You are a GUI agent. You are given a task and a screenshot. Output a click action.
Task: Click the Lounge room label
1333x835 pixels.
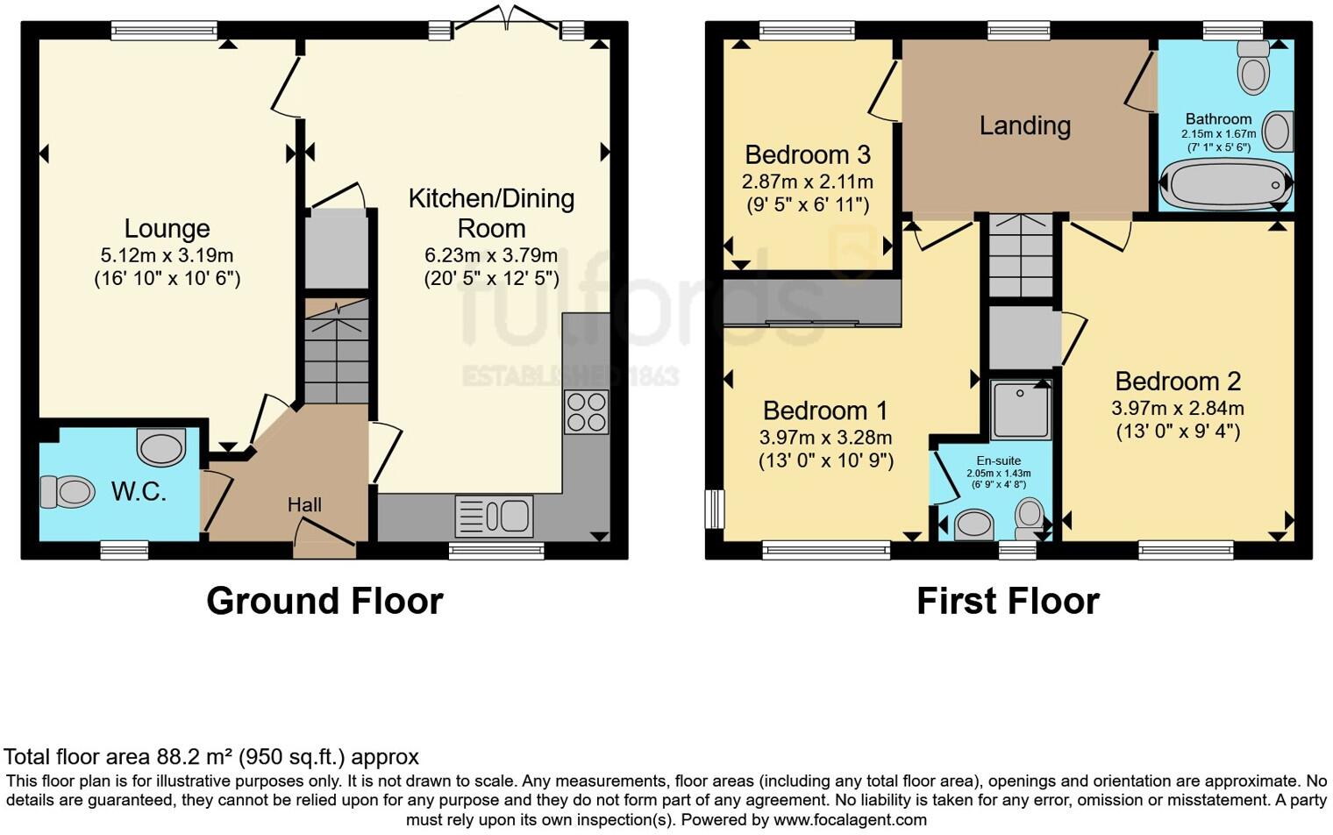pyautogui.click(x=167, y=229)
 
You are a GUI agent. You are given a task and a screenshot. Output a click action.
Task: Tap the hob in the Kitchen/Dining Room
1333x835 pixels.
pyautogui.click(x=587, y=412)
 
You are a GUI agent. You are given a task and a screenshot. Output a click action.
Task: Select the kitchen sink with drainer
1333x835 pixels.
pyautogui.click(x=494, y=516)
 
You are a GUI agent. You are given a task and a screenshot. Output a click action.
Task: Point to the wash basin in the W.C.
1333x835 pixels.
pyautogui.click(x=161, y=447)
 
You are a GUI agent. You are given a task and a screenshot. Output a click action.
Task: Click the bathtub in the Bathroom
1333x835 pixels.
pyautogui.click(x=1225, y=183)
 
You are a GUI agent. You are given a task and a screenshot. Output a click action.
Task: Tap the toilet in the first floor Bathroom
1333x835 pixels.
pyautogui.click(x=1253, y=67)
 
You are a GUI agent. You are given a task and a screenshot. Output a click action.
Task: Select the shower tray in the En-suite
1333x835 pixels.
pyautogui.click(x=1020, y=410)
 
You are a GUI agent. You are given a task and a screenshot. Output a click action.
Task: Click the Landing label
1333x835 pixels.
pyautogui.click(x=1024, y=126)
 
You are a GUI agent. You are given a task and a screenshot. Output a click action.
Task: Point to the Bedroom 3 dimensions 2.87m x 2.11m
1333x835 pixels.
pyautogui.click(x=807, y=182)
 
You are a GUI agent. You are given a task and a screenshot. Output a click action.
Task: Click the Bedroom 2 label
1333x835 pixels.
pyautogui.click(x=1177, y=382)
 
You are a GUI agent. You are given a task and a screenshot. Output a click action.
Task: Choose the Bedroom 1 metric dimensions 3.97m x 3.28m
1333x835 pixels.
pyautogui.click(x=825, y=438)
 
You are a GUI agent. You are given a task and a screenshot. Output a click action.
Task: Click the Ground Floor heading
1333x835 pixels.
pyautogui.click(x=324, y=602)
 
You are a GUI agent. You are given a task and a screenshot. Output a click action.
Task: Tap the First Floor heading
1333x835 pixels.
pyautogui.click(x=1008, y=602)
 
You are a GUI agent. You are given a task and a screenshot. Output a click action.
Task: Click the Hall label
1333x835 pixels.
pyautogui.click(x=304, y=505)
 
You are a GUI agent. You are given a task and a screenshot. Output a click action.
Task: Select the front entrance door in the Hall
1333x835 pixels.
pyautogui.click(x=324, y=537)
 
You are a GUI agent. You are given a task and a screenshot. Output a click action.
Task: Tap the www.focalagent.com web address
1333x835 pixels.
pyautogui.click(x=848, y=820)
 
